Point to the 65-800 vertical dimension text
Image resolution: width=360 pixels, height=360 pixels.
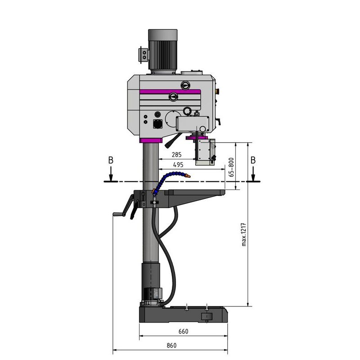(231, 166)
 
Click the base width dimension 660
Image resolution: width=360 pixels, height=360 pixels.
(183, 332)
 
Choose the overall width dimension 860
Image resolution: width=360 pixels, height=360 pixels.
(171, 345)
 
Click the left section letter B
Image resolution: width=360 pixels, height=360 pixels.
(110, 160)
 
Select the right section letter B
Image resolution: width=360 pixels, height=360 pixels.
(253, 160)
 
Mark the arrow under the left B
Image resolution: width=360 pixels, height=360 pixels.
(110, 174)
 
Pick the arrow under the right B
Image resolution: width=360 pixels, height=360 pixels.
(253, 174)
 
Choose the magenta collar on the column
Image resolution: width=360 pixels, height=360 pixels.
(151, 141)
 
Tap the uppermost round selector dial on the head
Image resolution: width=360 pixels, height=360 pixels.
(185, 85)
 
